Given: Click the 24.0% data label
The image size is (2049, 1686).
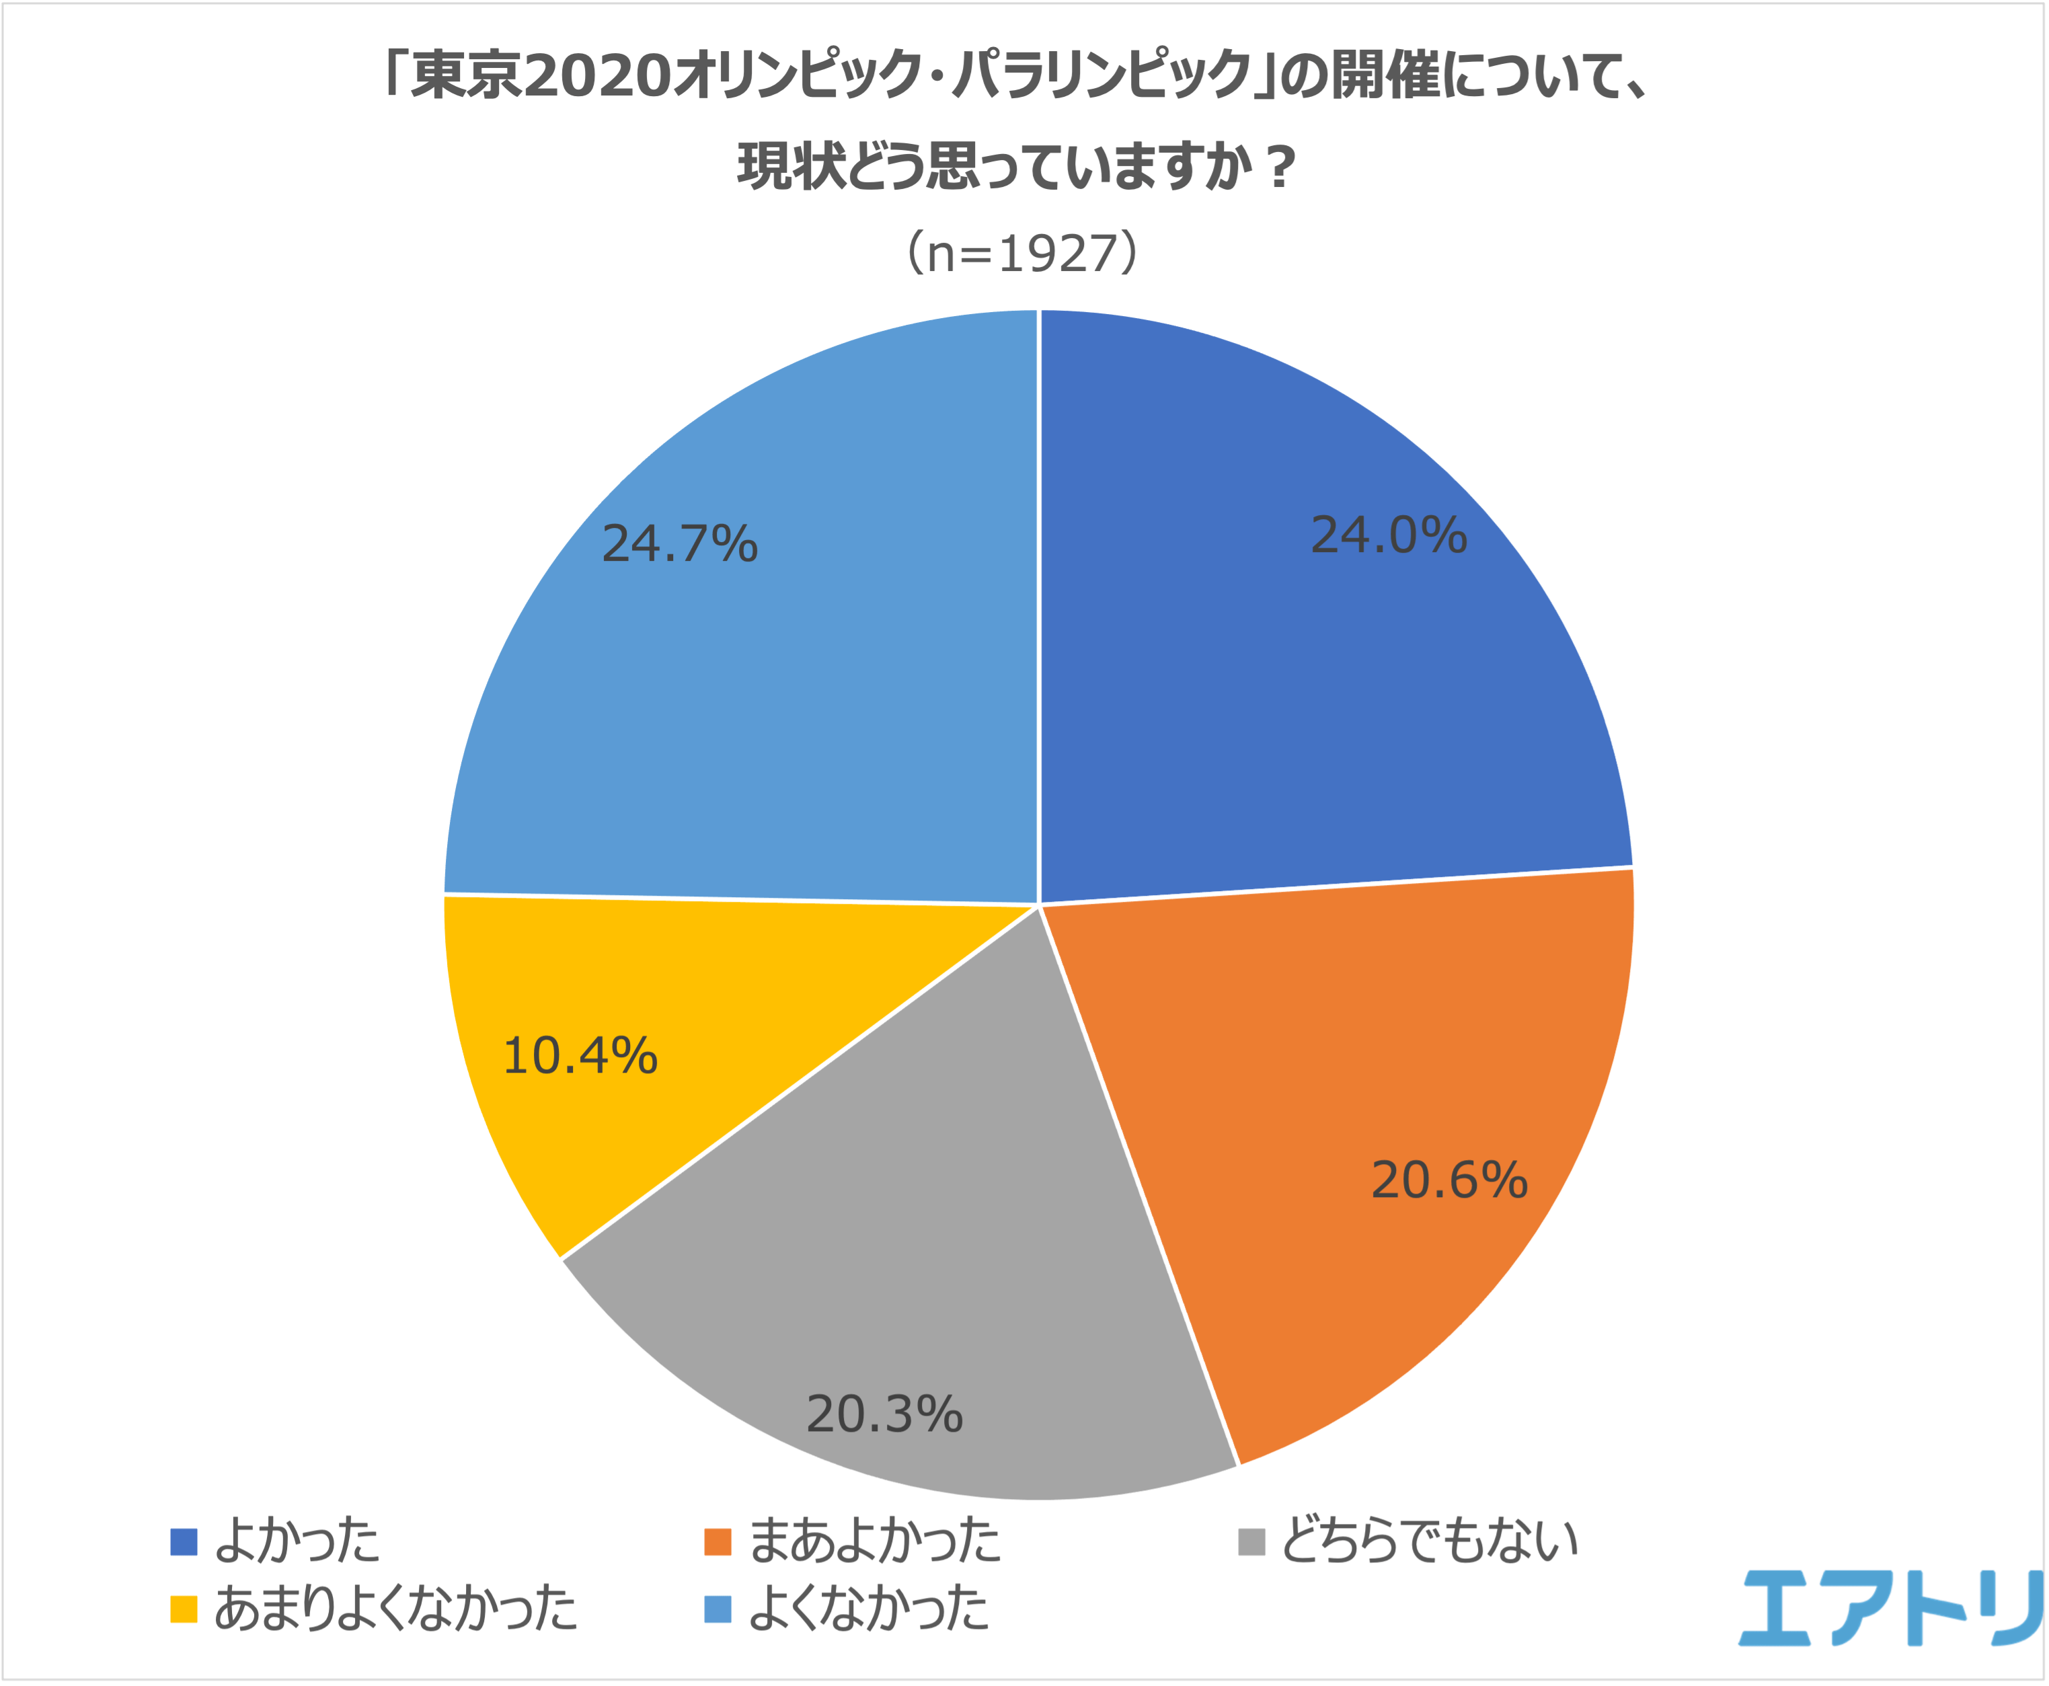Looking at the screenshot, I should pyautogui.click(x=1388, y=535).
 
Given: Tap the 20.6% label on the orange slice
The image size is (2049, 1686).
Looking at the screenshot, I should pyautogui.click(x=1449, y=1180).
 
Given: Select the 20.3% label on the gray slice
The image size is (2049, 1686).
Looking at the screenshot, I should pyautogui.click(x=884, y=1414).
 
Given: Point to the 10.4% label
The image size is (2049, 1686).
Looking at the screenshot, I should pyautogui.click(x=580, y=1056).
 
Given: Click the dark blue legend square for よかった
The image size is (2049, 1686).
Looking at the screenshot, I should pyautogui.click(x=184, y=1541).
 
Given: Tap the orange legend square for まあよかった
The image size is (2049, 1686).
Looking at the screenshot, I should pyautogui.click(x=718, y=1541).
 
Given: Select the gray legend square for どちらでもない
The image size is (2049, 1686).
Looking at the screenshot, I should pyautogui.click(x=1251, y=1541).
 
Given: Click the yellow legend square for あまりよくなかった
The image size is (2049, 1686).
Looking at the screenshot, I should pyautogui.click(x=184, y=1609).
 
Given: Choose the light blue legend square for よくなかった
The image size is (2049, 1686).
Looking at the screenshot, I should pyautogui.click(x=718, y=1609).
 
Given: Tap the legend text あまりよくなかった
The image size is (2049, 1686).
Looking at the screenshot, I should pyautogui.click(x=395, y=1609).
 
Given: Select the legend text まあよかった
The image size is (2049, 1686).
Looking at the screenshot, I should pyautogui.click(x=875, y=1541).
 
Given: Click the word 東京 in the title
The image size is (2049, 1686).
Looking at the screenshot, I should pyautogui.click(x=466, y=76).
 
